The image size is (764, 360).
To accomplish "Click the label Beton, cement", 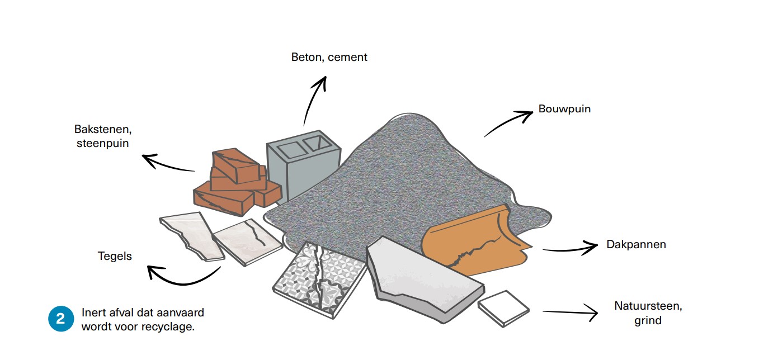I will (329, 57).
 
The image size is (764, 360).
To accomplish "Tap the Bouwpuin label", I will (564, 109).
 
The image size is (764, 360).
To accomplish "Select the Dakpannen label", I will (636, 245).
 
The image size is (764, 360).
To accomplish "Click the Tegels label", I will (115, 257).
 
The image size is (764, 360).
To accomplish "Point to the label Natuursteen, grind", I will (648, 313).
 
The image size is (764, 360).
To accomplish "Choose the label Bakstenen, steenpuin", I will (102, 136).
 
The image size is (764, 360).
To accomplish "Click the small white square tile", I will (503, 308).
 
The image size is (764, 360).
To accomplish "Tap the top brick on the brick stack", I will (235, 164).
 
